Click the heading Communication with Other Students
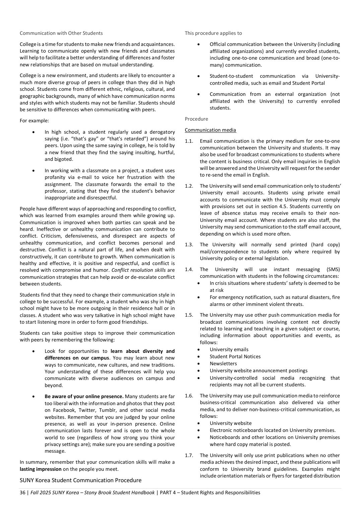(61, 33)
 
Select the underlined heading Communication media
(210, 130)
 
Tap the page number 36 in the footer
(22, 493)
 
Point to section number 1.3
(189, 245)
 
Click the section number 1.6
(189, 396)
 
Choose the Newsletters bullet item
(223, 364)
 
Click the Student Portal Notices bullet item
(235, 357)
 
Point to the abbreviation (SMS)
(333, 269)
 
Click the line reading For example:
(34, 121)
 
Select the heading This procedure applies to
(213, 33)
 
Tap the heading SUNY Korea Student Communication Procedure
(80, 480)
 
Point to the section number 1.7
(189, 455)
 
